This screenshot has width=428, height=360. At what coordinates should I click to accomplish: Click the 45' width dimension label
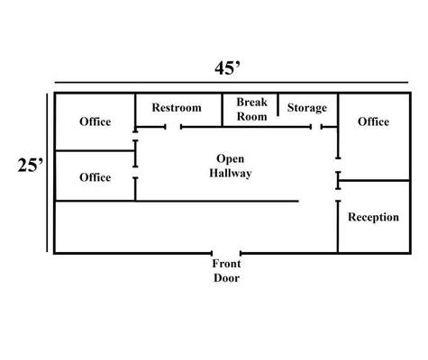click(227, 68)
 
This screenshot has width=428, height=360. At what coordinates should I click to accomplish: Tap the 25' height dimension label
click(31, 165)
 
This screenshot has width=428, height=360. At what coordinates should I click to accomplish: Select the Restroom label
click(177, 107)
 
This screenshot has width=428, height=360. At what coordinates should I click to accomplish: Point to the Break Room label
click(251, 109)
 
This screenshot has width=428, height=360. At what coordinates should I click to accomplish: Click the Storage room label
click(307, 108)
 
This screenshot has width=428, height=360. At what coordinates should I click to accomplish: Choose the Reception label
click(373, 217)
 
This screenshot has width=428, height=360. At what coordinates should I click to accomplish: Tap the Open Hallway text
click(231, 166)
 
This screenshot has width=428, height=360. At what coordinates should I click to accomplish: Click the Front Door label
click(226, 271)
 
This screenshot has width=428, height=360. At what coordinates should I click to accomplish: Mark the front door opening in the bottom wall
click(226, 254)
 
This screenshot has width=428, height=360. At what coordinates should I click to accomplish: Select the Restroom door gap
click(173, 127)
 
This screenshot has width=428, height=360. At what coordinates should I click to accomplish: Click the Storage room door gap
click(316, 127)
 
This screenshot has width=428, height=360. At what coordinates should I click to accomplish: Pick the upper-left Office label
click(96, 121)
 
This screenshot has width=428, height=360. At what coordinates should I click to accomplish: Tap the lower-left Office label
click(96, 177)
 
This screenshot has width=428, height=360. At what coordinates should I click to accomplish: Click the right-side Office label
click(373, 121)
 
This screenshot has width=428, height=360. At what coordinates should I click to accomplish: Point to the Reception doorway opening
click(338, 194)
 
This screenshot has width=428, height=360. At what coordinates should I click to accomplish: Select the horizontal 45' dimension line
click(232, 82)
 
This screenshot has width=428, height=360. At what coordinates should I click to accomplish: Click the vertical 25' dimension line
click(47, 173)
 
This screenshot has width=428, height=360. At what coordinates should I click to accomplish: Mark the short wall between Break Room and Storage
click(278, 105)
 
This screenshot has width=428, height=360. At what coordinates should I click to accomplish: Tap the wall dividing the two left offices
click(96, 150)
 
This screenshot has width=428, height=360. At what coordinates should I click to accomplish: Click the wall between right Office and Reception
click(374, 181)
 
